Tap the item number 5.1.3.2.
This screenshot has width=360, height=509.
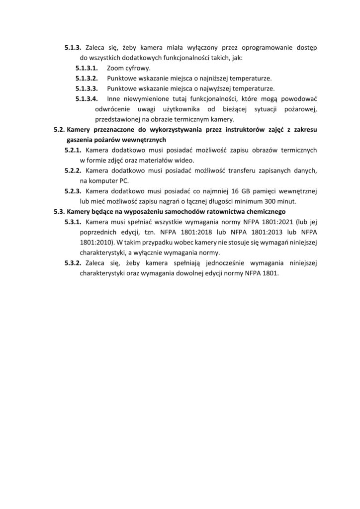point(87,79)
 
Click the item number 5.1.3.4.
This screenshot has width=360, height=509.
point(87,99)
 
